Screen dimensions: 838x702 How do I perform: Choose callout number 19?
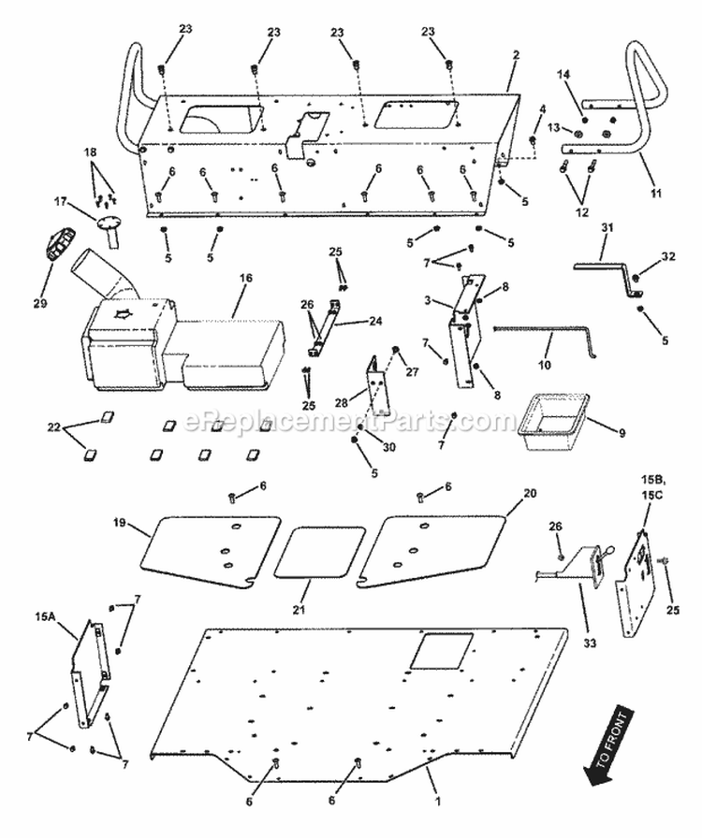pos(120,524)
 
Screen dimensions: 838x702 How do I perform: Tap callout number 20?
pos(531,492)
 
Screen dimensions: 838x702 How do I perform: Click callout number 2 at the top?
pos(515,55)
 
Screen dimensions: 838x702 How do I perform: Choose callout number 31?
pos(607,230)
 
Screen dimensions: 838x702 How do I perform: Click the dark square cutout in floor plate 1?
pos(432,651)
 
